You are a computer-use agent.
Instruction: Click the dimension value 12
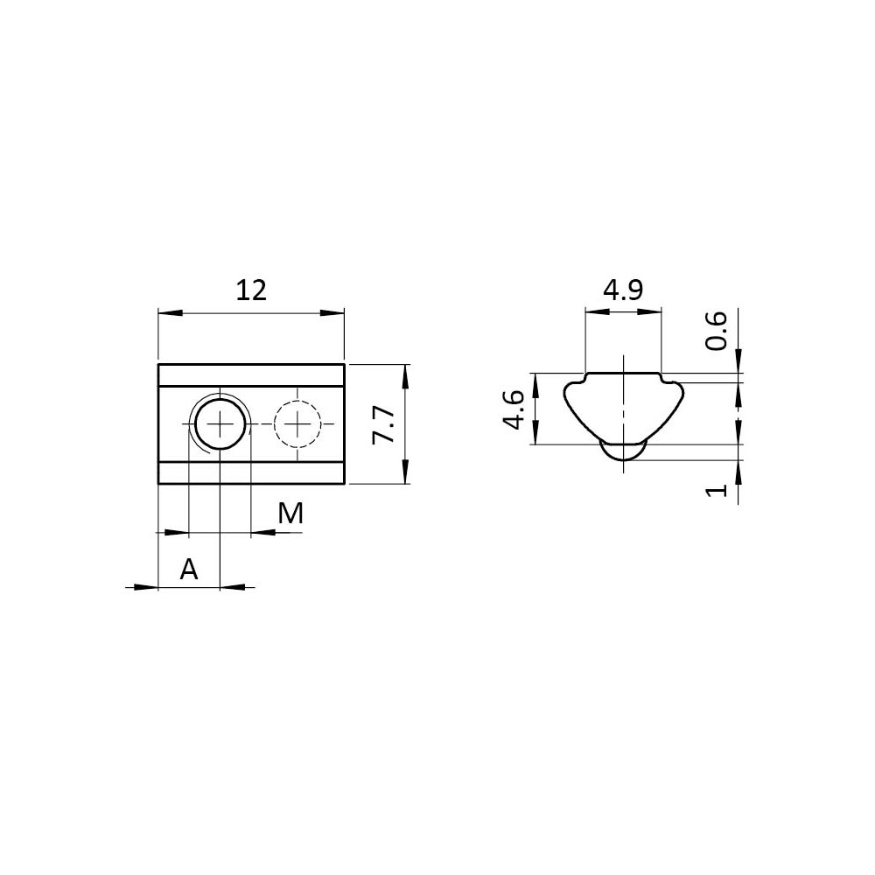pyautogui.click(x=251, y=290)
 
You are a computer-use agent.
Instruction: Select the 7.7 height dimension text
pyautogui.click(x=384, y=424)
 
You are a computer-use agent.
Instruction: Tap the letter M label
pyautogui.click(x=290, y=514)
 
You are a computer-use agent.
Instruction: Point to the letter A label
pyautogui.click(x=189, y=570)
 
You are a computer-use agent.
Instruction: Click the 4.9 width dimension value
pyautogui.click(x=623, y=290)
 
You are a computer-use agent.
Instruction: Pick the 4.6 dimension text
pyautogui.click(x=514, y=409)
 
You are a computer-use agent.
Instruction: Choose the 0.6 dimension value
pyautogui.click(x=716, y=331)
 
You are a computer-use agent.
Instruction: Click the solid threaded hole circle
pyautogui.click(x=221, y=425)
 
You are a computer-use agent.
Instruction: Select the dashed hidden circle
pyautogui.click(x=297, y=424)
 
